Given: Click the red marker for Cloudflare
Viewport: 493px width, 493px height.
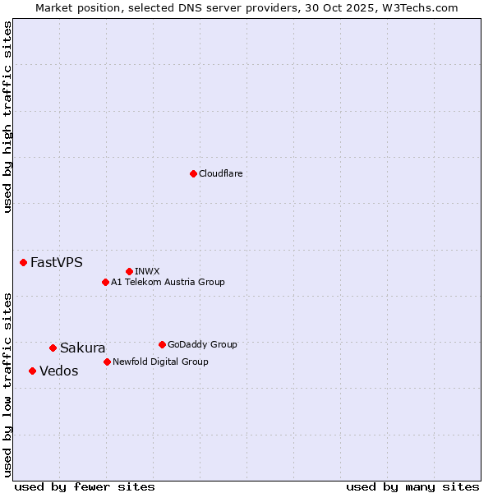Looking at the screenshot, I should [x=193, y=173].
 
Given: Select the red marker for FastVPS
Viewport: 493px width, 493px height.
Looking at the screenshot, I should [x=23, y=262].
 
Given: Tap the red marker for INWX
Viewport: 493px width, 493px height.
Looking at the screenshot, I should [x=129, y=271].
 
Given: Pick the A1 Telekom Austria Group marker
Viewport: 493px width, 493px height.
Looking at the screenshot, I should [x=105, y=282].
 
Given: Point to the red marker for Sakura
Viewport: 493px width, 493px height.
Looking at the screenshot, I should [x=53, y=348].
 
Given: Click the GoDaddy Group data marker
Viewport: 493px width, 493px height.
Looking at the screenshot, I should [x=162, y=344].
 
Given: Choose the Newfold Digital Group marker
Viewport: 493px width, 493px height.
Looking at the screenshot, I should [x=107, y=362].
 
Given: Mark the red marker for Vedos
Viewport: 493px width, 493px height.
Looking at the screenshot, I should [x=32, y=371].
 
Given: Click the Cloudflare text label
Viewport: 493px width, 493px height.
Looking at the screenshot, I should [x=220, y=173].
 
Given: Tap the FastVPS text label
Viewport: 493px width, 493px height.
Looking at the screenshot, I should [x=56, y=263].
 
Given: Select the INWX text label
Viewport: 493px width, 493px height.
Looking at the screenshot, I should [x=147, y=271].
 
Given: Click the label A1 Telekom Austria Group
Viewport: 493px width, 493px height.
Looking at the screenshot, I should [x=168, y=282].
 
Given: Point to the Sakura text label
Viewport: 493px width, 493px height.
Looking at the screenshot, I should [x=82, y=348].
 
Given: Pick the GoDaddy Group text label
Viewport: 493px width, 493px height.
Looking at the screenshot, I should [x=202, y=344].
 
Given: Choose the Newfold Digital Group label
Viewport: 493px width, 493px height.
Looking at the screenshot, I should [x=160, y=362].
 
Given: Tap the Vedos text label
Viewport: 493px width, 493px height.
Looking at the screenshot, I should [x=58, y=371].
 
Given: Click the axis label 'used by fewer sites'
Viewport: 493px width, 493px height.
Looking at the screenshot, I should [x=85, y=486].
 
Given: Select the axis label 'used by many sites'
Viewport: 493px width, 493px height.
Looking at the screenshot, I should [x=412, y=486].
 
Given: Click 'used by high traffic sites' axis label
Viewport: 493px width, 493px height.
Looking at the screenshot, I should [x=7, y=117].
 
